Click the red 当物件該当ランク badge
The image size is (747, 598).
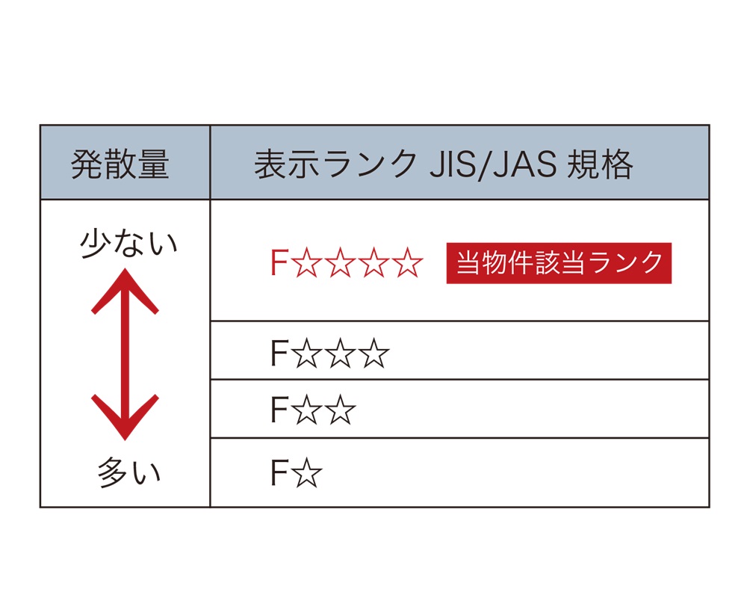coord(559,263)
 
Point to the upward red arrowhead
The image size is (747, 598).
coord(125,288)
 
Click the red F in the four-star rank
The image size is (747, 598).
coord(279,264)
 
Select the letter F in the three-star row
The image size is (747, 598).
coord(279,354)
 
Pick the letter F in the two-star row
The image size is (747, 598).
coord(279,410)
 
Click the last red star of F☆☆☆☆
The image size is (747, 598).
coord(408,264)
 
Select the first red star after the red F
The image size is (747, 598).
coord(307,264)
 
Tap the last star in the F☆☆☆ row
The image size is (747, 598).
coord(374,354)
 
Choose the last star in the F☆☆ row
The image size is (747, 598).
coord(341,410)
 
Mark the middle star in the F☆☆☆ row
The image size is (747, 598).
coord(341,354)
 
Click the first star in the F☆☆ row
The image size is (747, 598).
coord(308,410)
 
